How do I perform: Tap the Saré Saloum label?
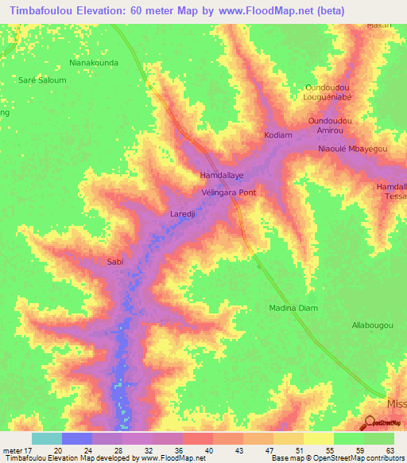point(43,80)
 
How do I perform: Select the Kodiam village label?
point(278,135)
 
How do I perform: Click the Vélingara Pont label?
point(228,193)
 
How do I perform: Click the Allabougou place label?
point(372,325)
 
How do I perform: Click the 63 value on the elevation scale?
point(389,450)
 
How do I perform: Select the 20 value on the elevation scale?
point(58,450)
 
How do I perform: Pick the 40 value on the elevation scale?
point(210,450)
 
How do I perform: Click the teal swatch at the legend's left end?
point(47,438)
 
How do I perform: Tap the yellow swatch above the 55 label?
point(319,438)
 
